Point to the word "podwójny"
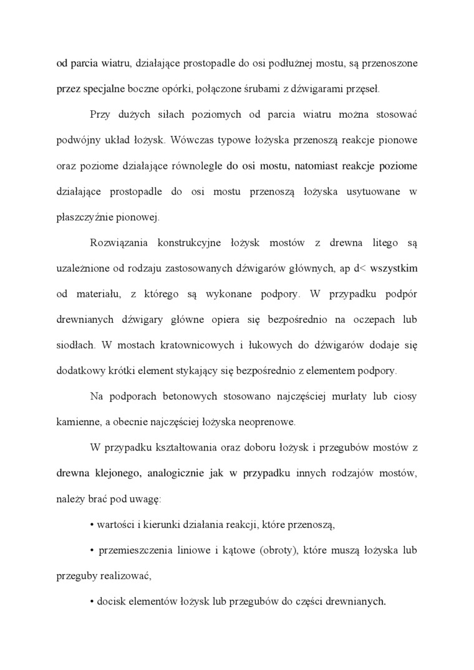point(77,140)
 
